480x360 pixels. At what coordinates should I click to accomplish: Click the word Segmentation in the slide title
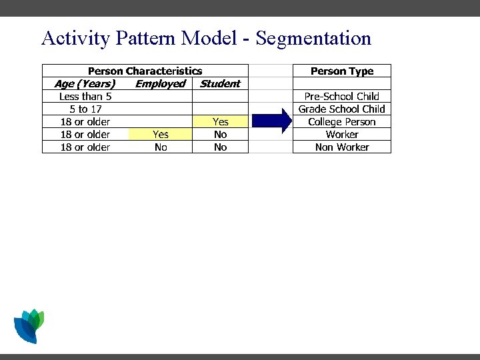tap(313, 38)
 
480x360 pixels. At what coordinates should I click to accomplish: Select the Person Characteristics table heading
tap(145, 71)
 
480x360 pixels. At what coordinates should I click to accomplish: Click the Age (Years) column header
tap(85, 83)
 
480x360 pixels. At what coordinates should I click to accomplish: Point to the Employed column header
tap(160, 83)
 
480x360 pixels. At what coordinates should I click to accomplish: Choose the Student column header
tap(220, 83)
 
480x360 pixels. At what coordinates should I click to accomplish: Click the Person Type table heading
tap(342, 71)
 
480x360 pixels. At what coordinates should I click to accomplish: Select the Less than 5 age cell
tap(85, 96)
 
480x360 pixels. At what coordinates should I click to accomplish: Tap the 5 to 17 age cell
tap(85, 109)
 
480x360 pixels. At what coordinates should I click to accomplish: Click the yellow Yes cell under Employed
tap(160, 134)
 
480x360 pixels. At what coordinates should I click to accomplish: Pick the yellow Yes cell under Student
tap(220, 121)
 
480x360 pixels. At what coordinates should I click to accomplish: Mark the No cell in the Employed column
tap(160, 147)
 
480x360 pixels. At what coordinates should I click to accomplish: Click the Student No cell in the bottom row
tap(220, 147)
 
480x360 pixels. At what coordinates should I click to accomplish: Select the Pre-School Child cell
tap(342, 96)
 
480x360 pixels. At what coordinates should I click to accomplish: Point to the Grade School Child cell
tap(342, 109)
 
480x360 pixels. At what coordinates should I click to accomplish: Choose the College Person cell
tap(342, 121)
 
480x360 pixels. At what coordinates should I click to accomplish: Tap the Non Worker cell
tap(342, 147)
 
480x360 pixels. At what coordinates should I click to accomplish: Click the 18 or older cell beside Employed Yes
tap(85, 134)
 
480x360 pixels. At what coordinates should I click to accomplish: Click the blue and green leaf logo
tap(29, 325)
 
